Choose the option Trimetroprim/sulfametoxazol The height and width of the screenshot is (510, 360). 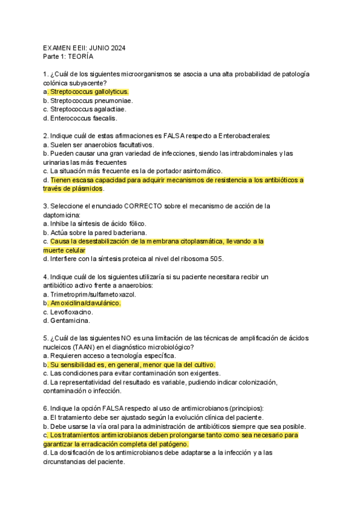point(93,295)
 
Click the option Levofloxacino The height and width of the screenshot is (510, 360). point(70,312)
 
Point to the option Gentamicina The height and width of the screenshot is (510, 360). point(69,321)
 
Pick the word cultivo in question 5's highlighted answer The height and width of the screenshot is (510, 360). point(203,365)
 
